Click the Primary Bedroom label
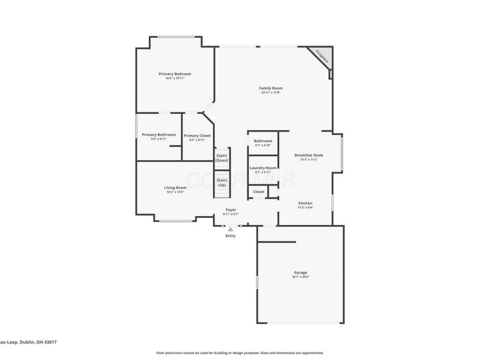pos(175,73)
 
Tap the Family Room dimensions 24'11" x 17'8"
pos(271,93)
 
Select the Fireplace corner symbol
pos(322,58)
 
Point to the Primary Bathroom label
pos(159,134)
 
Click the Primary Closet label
pos(197,136)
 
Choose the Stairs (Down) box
pos(222,158)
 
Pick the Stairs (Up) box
pos(222,182)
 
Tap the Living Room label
pos(175,187)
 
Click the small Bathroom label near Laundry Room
pos(263,141)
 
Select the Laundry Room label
pos(263,167)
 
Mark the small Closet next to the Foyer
pos(259,192)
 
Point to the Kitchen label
pos(305,203)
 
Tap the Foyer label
pos(230,209)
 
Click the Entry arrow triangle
pos(230,229)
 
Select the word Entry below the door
pos(230,236)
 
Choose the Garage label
pos(301,272)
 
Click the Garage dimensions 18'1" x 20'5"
pos(301,277)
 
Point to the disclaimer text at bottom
pos(240,353)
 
